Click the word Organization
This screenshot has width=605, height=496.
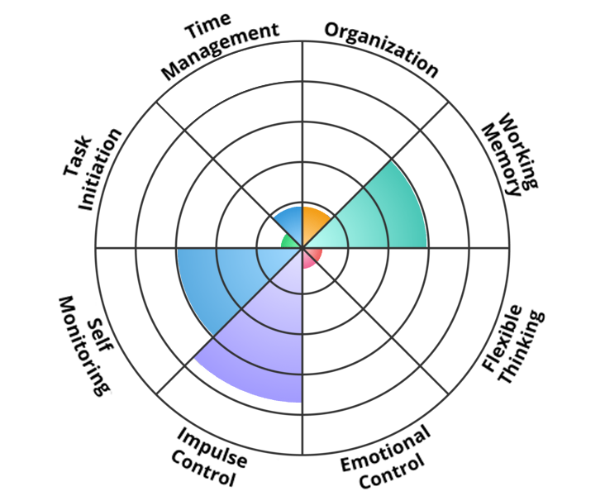(x=382, y=47)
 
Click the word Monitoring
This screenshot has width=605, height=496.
(x=83, y=344)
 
